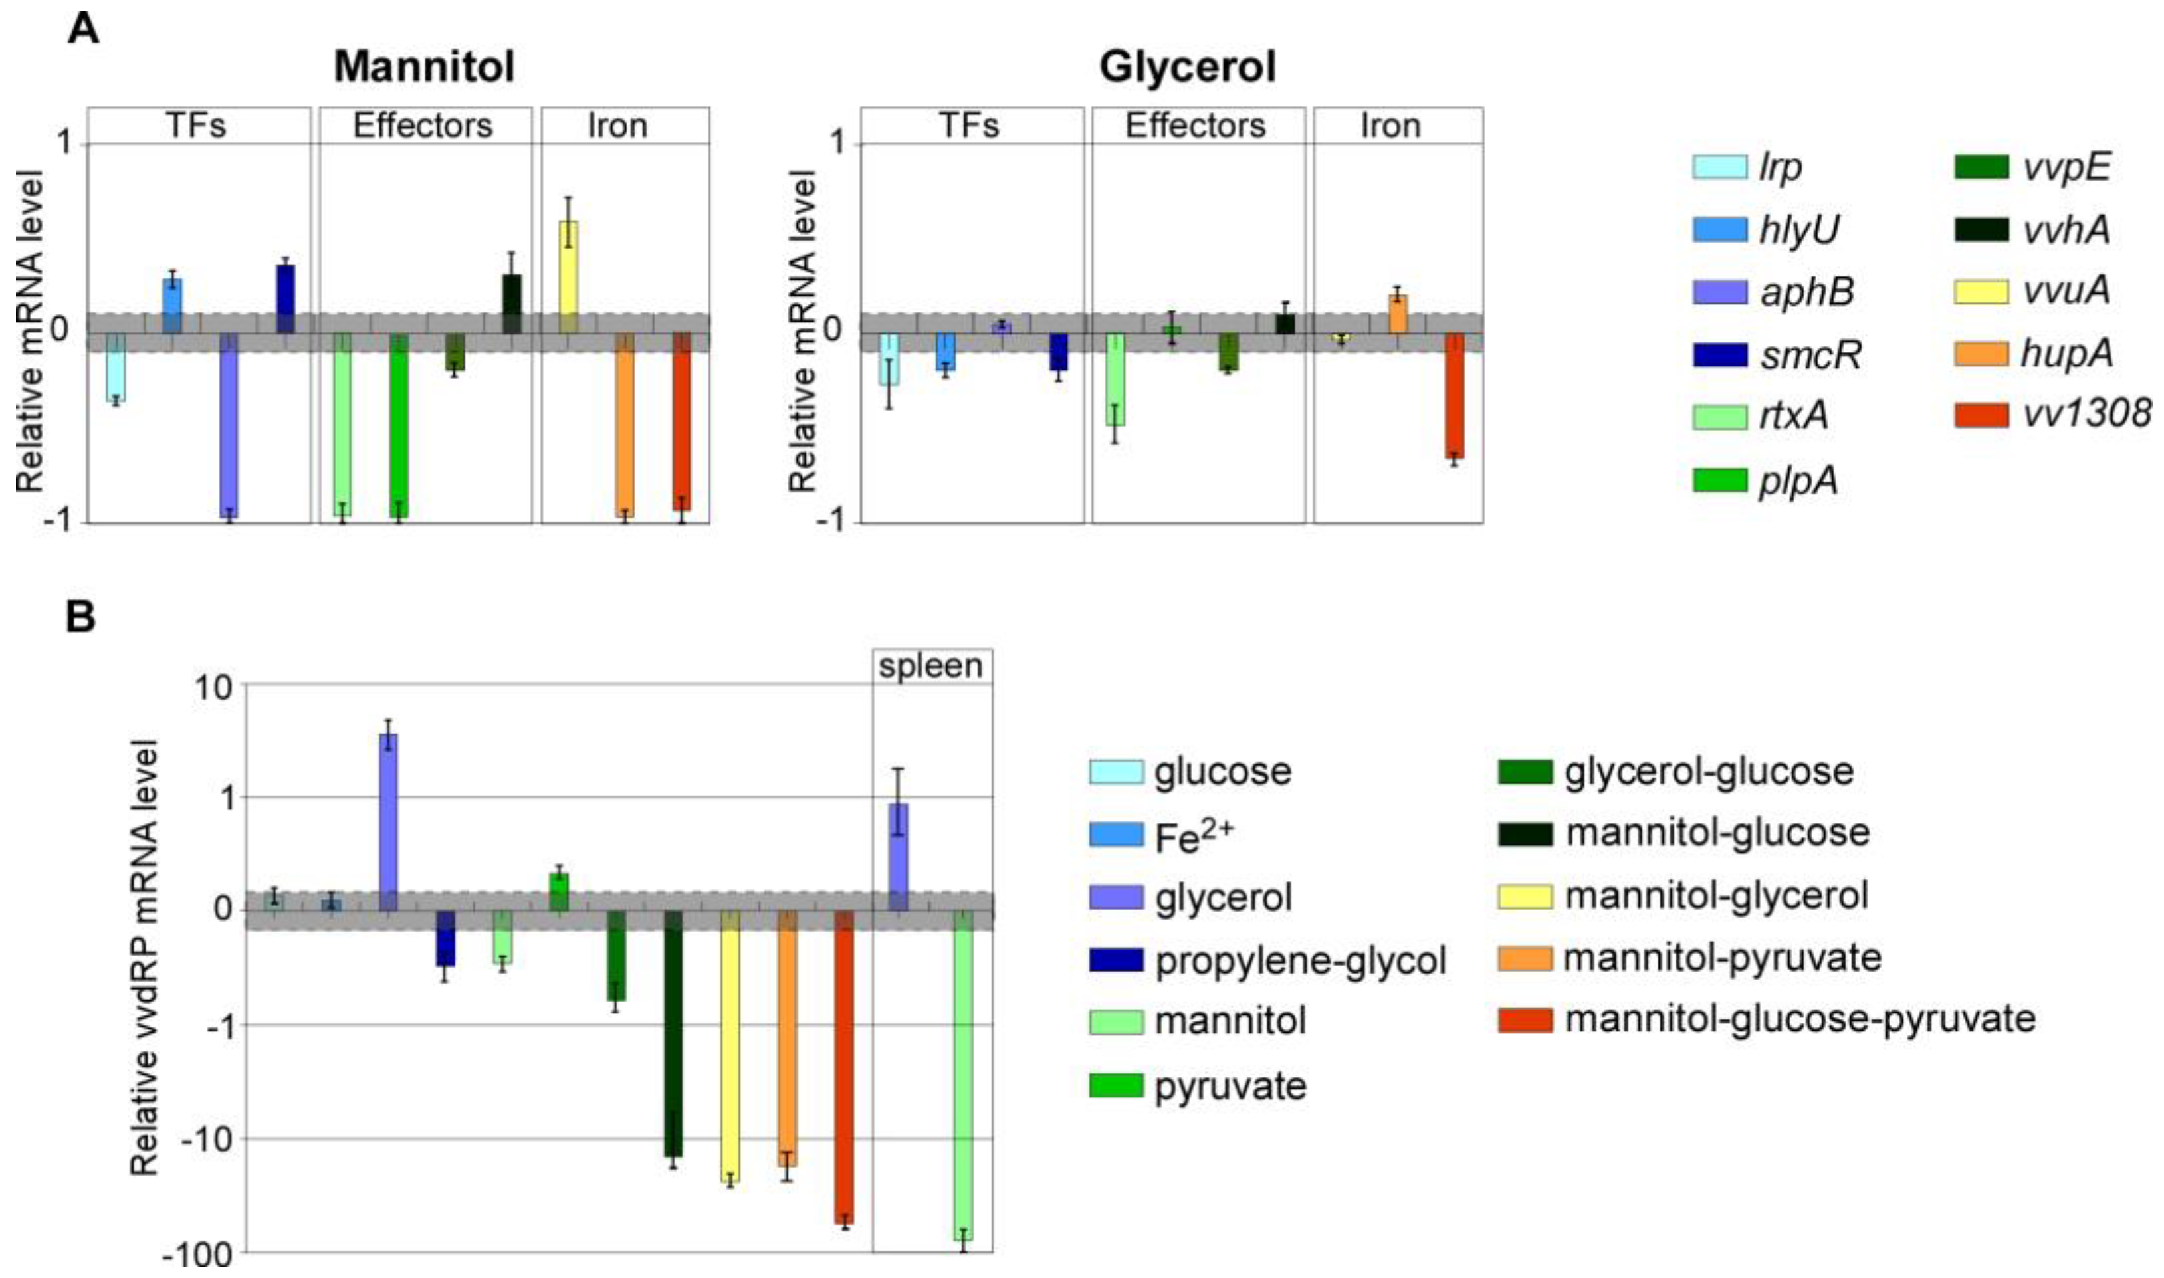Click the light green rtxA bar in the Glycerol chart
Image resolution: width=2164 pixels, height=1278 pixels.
tap(1115, 379)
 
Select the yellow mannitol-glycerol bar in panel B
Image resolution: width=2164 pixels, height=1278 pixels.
tap(730, 1045)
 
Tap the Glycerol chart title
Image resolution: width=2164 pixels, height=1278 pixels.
tap(1188, 66)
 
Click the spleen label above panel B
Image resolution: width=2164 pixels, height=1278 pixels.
tap(931, 666)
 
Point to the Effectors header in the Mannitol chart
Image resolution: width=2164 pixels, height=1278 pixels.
tap(423, 126)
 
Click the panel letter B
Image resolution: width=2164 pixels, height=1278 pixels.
tap(81, 617)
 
